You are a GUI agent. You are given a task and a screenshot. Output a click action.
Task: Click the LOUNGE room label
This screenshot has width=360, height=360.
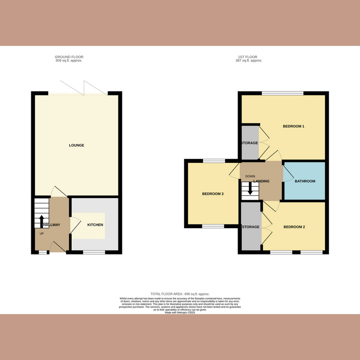pyautogui.click(x=76, y=145)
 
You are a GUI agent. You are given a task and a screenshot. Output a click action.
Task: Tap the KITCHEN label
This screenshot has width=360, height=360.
pyautogui.click(x=95, y=225)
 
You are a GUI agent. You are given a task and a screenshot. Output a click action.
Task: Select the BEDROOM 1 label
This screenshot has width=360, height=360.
pyautogui.click(x=293, y=126)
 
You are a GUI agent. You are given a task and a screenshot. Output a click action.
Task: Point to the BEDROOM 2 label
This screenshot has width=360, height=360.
pyautogui.click(x=294, y=227)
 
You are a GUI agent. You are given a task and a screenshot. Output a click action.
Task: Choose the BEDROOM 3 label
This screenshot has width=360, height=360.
pyautogui.click(x=213, y=194)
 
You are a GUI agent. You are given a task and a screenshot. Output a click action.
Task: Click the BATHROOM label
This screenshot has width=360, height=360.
pyautogui.click(x=305, y=181)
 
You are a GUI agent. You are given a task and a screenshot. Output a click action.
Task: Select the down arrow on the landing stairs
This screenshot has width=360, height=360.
pyautogui.click(x=250, y=190)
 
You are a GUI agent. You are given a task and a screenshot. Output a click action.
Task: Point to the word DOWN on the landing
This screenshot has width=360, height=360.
pyautogui.click(x=251, y=176)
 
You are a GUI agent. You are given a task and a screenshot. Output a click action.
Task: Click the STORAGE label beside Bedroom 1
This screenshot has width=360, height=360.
pyautogui.click(x=249, y=143)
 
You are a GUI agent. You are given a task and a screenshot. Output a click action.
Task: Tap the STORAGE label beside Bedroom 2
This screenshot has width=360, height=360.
pyautogui.click(x=251, y=227)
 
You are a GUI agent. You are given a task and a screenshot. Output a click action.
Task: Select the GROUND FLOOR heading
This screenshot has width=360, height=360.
pyautogui.click(x=69, y=57)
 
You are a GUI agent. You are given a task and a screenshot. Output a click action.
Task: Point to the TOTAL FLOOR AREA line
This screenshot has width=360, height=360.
pyautogui.click(x=180, y=294)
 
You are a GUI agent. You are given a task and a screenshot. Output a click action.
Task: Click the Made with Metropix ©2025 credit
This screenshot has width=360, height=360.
pyautogui.click(x=180, y=312)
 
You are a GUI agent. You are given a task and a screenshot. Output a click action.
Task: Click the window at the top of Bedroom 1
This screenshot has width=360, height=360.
pyautogui.click(x=283, y=93)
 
